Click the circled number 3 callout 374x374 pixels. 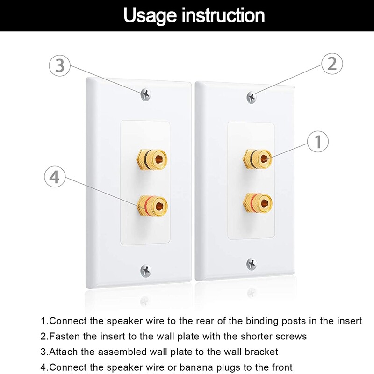coord(60,66)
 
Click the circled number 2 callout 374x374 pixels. coord(331,64)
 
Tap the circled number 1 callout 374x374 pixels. coord(318,141)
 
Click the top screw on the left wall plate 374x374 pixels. coord(146,94)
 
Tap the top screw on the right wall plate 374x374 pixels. coord(252,97)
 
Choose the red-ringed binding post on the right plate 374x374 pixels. coord(257,203)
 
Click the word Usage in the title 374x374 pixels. coord(151,15)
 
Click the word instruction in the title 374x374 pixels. coord(223,15)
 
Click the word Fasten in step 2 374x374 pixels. coord(63,337)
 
